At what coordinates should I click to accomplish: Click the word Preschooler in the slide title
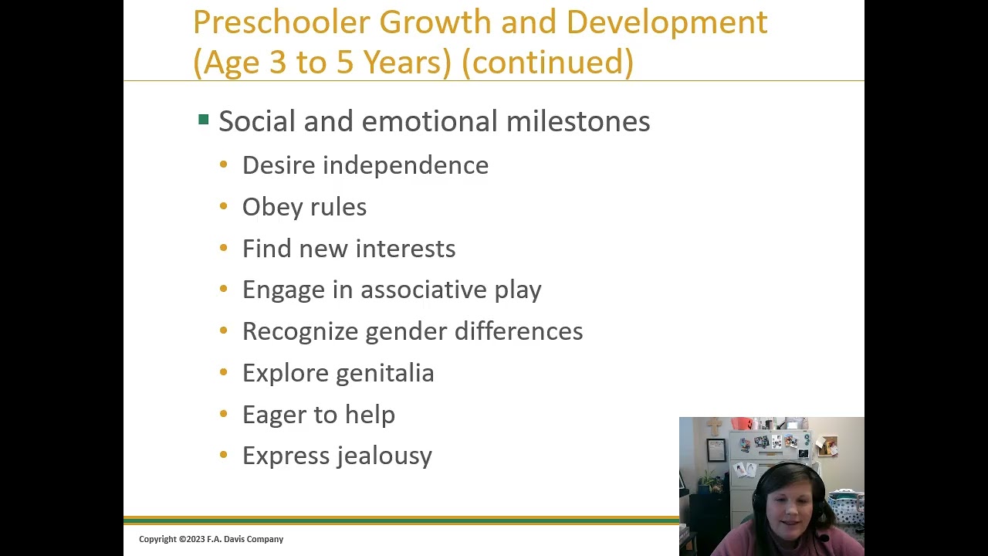point(282,23)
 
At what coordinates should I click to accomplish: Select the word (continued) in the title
point(547,63)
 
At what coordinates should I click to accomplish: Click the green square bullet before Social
point(204,120)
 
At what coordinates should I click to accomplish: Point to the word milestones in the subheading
point(578,121)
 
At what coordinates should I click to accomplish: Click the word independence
point(405,165)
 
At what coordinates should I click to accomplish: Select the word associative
point(424,290)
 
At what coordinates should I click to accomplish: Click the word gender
point(406,332)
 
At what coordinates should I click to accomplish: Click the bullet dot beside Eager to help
point(224,414)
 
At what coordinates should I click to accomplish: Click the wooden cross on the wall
point(716,427)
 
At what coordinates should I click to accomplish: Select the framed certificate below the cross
point(716,449)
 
